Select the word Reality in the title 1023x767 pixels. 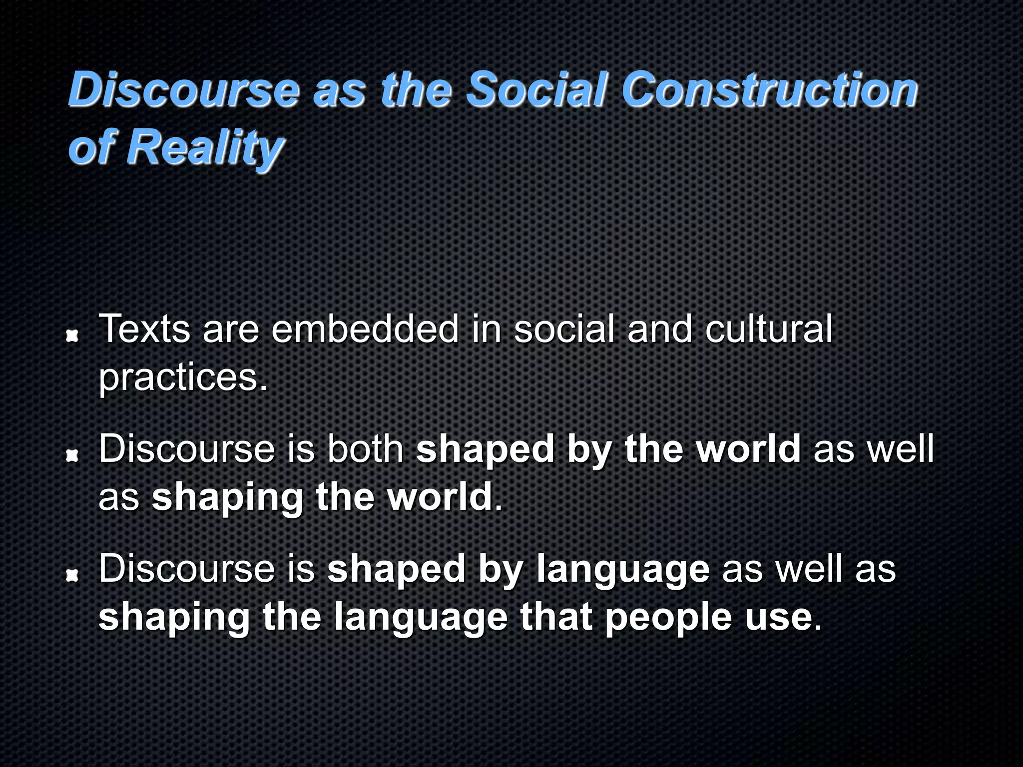205,147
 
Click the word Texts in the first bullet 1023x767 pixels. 145,330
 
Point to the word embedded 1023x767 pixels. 365,330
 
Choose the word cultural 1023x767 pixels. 769,330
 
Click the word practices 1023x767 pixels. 183,378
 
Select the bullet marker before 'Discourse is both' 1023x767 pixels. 73,455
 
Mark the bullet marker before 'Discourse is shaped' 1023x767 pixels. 73,576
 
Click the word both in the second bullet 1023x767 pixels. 365,449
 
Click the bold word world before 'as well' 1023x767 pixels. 749,449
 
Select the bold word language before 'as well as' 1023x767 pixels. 623,570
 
